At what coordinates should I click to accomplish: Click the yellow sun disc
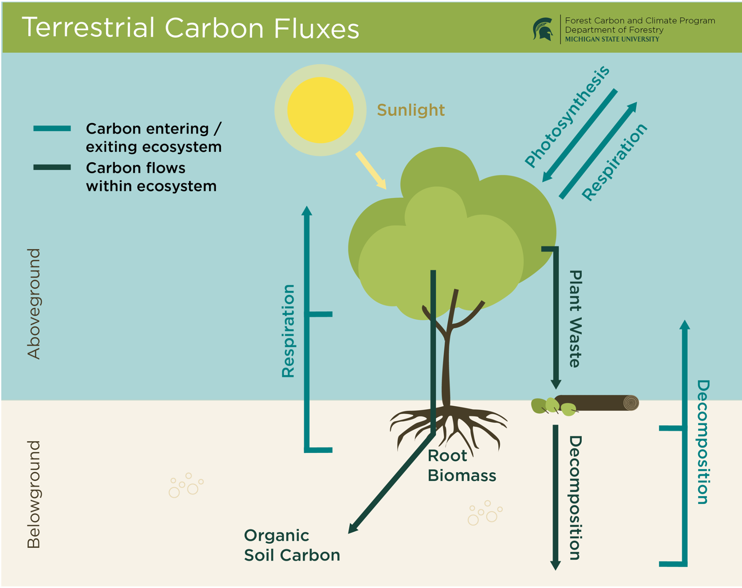(320, 110)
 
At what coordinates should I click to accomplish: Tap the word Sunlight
(411, 110)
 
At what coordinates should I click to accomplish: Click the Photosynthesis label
(567, 116)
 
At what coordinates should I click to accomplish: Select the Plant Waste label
(575, 319)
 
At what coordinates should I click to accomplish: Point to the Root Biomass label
(461, 466)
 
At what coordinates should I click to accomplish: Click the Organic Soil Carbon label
(292, 545)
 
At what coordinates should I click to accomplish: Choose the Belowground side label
(34, 494)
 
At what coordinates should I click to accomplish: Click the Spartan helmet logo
(543, 29)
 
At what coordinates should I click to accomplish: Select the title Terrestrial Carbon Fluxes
(190, 28)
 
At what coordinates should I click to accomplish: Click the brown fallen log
(597, 403)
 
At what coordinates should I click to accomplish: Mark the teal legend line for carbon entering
(52, 129)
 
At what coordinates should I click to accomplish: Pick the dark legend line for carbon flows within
(52, 168)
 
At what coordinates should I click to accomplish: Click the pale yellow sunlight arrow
(371, 170)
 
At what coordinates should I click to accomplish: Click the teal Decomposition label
(702, 442)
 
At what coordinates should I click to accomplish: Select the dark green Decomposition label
(575, 498)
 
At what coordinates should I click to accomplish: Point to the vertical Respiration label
(288, 331)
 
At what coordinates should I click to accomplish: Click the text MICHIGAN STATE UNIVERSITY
(612, 39)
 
